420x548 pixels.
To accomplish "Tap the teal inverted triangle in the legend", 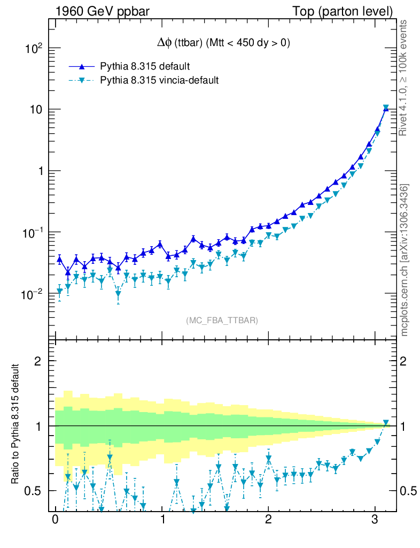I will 82,81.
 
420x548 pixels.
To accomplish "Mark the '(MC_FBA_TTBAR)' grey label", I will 222,321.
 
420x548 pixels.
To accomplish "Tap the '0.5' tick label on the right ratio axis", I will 408,491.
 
